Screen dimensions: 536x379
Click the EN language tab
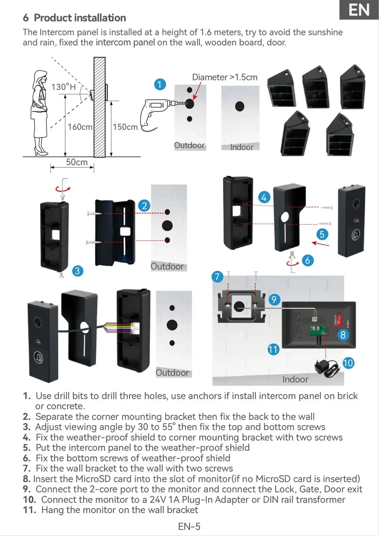[359, 10]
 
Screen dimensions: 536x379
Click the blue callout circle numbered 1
[160, 84]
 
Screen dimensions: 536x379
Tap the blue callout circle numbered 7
[217, 277]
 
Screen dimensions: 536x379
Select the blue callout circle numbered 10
[348, 363]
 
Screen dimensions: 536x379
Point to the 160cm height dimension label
[80, 127]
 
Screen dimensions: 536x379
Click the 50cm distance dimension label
[77, 162]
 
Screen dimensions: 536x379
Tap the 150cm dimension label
[125, 127]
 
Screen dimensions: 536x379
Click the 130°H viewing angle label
[63, 87]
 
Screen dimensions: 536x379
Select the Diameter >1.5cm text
[225, 77]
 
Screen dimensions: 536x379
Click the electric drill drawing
[154, 112]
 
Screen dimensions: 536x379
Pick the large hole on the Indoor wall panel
[240, 106]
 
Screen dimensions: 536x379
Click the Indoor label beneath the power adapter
[295, 379]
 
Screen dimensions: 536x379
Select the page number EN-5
[189, 526]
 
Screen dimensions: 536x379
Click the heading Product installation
[80, 18]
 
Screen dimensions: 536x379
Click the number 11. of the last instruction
[29, 510]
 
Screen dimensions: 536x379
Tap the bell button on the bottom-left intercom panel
[38, 357]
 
